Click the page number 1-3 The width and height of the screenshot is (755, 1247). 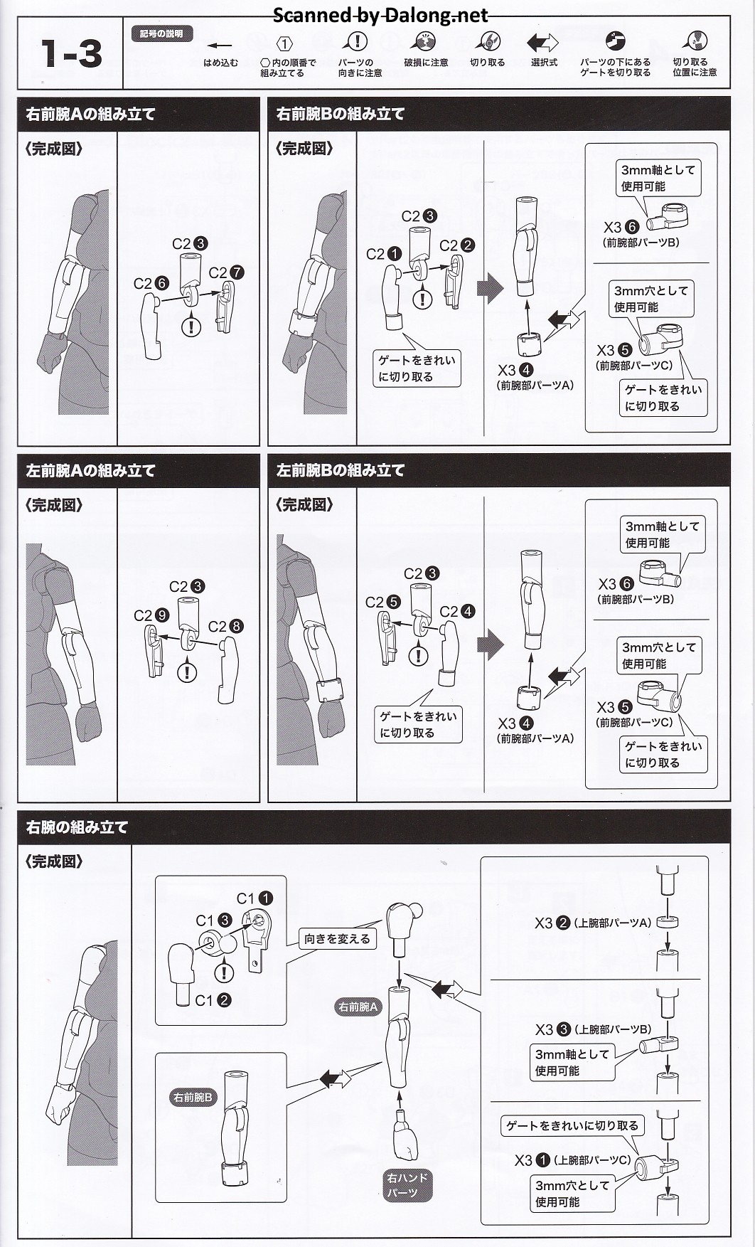[71, 54]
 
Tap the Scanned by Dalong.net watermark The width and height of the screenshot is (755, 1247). [380, 15]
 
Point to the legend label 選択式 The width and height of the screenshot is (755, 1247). [544, 63]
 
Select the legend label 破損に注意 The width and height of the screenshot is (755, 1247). [426, 63]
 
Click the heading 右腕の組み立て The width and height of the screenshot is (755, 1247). [77, 827]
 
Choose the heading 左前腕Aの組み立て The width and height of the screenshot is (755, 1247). [90, 470]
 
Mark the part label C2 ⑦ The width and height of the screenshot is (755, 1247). [227, 273]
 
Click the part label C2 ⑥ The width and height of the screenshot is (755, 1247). [151, 283]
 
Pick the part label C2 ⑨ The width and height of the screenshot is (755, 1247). [151, 615]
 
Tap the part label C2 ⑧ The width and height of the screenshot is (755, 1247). [225, 627]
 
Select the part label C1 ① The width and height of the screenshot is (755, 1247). [255, 898]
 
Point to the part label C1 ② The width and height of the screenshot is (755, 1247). [213, 1000]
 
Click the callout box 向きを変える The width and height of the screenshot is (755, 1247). [337, 939]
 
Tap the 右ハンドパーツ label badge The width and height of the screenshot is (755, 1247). [407, 1185]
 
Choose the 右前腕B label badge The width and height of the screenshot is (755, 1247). [193, 1098]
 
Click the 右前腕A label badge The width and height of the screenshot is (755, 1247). [358, 1007]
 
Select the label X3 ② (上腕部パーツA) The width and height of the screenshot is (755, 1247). [592, 923]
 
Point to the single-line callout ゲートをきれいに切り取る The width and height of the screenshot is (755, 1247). [572, 1125]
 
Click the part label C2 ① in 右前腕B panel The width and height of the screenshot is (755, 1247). [384, 254]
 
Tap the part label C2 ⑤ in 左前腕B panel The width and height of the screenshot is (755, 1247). [383, 603]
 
